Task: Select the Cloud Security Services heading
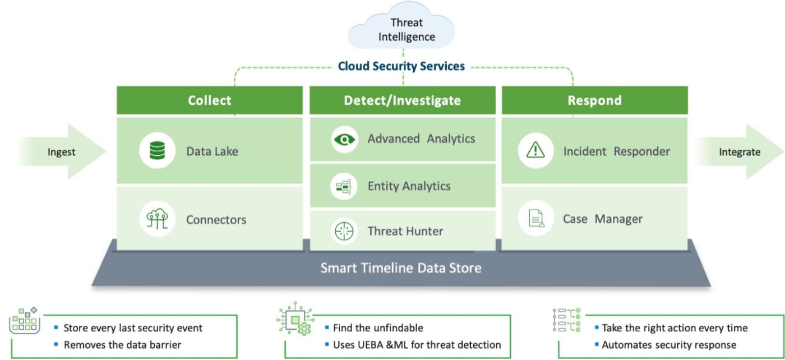(401, 66)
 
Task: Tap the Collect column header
(209, 100)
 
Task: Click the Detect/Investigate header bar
(402, 100)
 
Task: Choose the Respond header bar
(594, 100)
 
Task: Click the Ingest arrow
(62, 152)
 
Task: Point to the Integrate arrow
(740, 152)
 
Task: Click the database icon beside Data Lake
(158, 150)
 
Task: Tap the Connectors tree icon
(158, 219)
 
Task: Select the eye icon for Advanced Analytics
(344, 139)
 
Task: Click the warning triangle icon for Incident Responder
(536, 150)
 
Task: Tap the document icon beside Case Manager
(536, 219)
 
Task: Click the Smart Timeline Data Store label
(400, 267)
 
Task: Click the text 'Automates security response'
(668, 345)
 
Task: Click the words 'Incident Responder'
(616, 151)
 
